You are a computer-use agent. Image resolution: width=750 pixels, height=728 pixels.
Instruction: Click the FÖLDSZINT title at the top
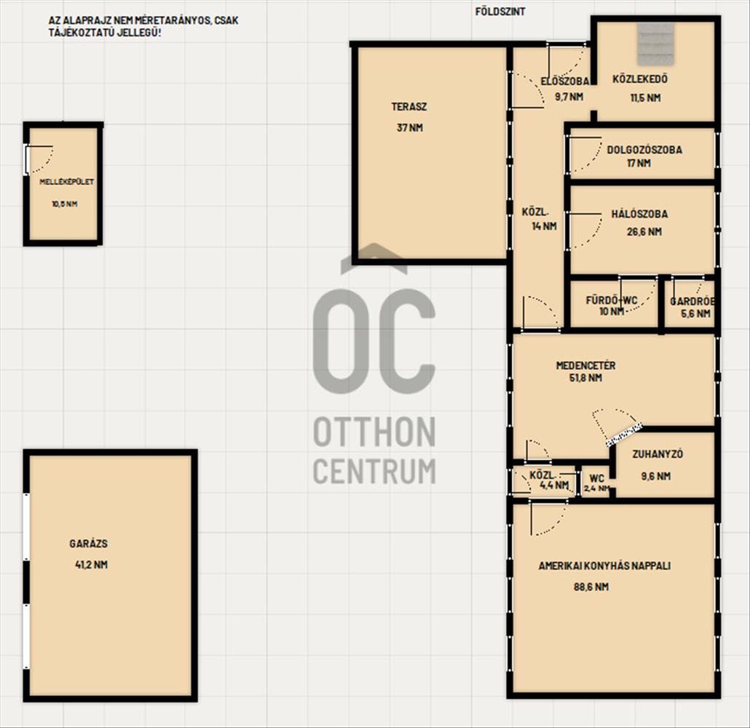(500, 12)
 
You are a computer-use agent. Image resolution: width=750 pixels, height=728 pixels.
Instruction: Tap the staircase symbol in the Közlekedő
(655, 43)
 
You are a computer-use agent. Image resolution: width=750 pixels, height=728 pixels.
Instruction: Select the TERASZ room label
(409, 107)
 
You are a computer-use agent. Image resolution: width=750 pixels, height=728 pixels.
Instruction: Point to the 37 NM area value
(409, 127)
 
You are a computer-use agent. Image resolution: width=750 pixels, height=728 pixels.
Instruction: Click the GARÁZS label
(89, 543)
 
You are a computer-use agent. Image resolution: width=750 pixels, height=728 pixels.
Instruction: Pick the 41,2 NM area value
(91, 564)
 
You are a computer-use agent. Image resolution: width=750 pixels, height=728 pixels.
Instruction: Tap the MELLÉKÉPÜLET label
(66, 182)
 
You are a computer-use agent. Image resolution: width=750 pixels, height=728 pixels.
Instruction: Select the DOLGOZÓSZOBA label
(644, 150)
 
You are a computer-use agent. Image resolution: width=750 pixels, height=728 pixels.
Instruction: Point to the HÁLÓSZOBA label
(639, 214)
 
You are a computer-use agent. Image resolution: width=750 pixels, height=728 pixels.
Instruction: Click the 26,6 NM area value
(644, 232)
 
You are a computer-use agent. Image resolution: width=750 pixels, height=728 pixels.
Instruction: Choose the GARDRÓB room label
(692, 301)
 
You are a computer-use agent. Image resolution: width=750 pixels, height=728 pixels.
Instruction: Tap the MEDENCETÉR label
(585, 365)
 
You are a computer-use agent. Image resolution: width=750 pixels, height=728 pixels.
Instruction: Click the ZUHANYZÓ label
(658, 454)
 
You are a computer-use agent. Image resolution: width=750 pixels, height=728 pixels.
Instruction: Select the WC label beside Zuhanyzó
(596, 478)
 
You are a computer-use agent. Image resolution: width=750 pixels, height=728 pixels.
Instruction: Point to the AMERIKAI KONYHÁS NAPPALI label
(604, 566)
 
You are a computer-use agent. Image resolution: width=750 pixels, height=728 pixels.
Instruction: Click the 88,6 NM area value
(591, 587)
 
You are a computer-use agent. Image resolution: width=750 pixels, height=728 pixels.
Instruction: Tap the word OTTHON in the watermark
(374, 432)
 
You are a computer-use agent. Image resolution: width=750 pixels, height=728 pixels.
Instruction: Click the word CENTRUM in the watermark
(374, 471)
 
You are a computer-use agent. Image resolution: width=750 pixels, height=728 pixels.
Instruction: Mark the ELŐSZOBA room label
(564, 82)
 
